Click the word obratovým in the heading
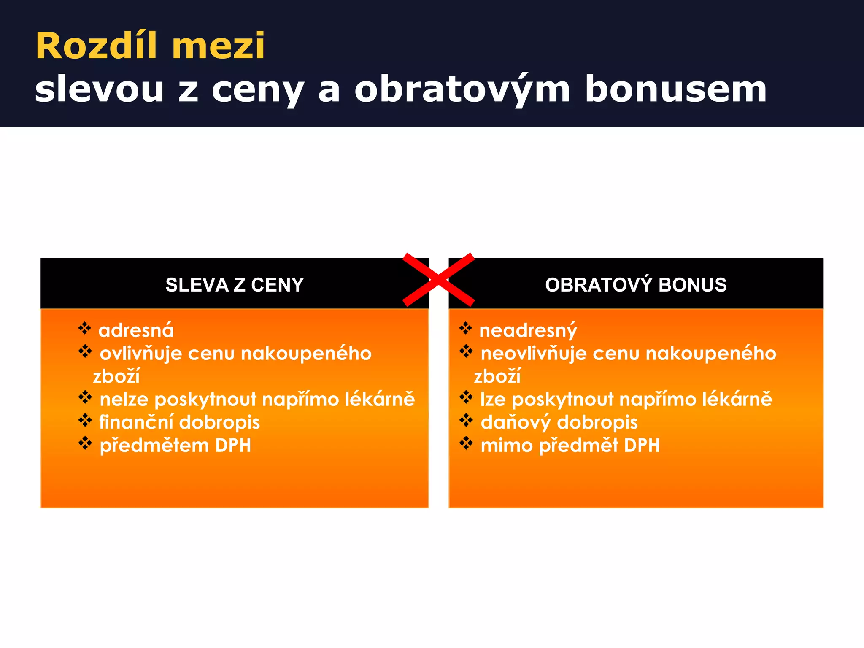(x=462, y=89)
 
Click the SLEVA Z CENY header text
(x=235, y=285)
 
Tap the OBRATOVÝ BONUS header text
(x=636, y=285)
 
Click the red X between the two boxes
(x=439, y=280)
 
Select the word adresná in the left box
(x=136, y=330)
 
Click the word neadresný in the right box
(x=528, y=330)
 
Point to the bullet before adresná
(x=85, y=328)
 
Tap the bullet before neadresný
(x=466, y=328)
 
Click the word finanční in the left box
(x=136, y=422)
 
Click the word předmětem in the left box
(x=154, y=445)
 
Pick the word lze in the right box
(x=493, y=399)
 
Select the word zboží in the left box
(x=116, y=376)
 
